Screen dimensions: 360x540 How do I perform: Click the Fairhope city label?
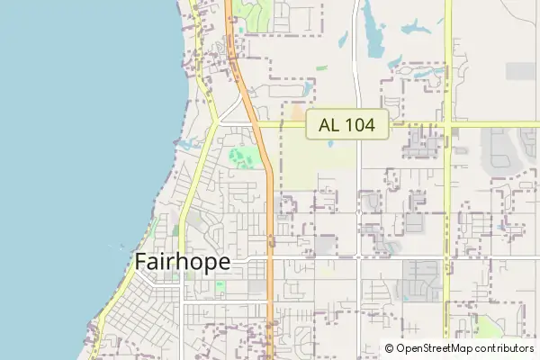183,262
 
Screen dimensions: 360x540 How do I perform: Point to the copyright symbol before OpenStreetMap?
390,348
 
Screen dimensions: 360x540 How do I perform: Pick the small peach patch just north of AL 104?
298,113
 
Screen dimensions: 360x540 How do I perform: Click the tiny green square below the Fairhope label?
220,287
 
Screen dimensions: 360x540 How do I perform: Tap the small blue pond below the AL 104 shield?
330,144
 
